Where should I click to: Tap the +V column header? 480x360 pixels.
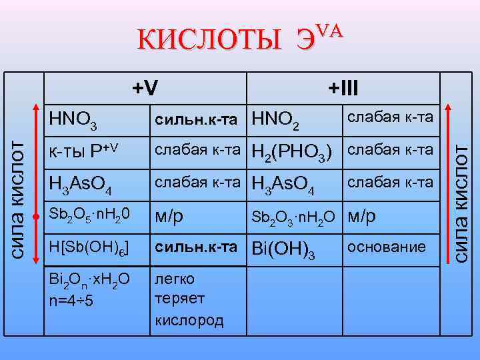click(x=145, y=87)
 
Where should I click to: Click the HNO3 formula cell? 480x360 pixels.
click(x=74, y=120)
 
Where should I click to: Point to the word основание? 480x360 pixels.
click(x=386, y=247)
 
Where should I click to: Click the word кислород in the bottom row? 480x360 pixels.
click(x=189, y=321)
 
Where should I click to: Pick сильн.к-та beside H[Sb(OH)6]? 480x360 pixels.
click(x=196, y=247)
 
